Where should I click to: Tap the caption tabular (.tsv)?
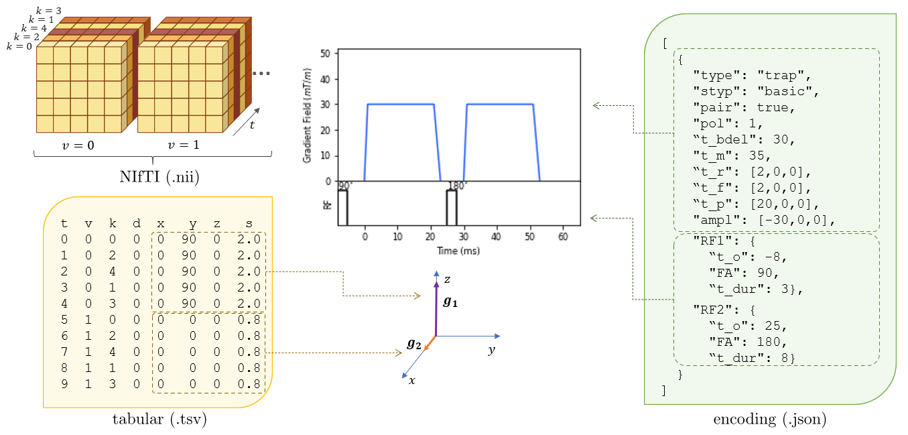(159, 420)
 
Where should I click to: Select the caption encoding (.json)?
(769, 420)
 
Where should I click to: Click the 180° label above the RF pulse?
(457, 186)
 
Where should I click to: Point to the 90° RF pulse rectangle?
(342, 208)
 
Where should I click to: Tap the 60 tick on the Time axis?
(563, 237)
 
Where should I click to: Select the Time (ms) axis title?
(458, 251)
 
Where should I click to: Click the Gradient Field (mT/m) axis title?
(308, 115)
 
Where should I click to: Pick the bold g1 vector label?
(450, 302)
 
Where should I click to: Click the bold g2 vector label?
(414, 344)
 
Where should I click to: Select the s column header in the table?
(249, 223)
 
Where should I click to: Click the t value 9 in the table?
(64, 384)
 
